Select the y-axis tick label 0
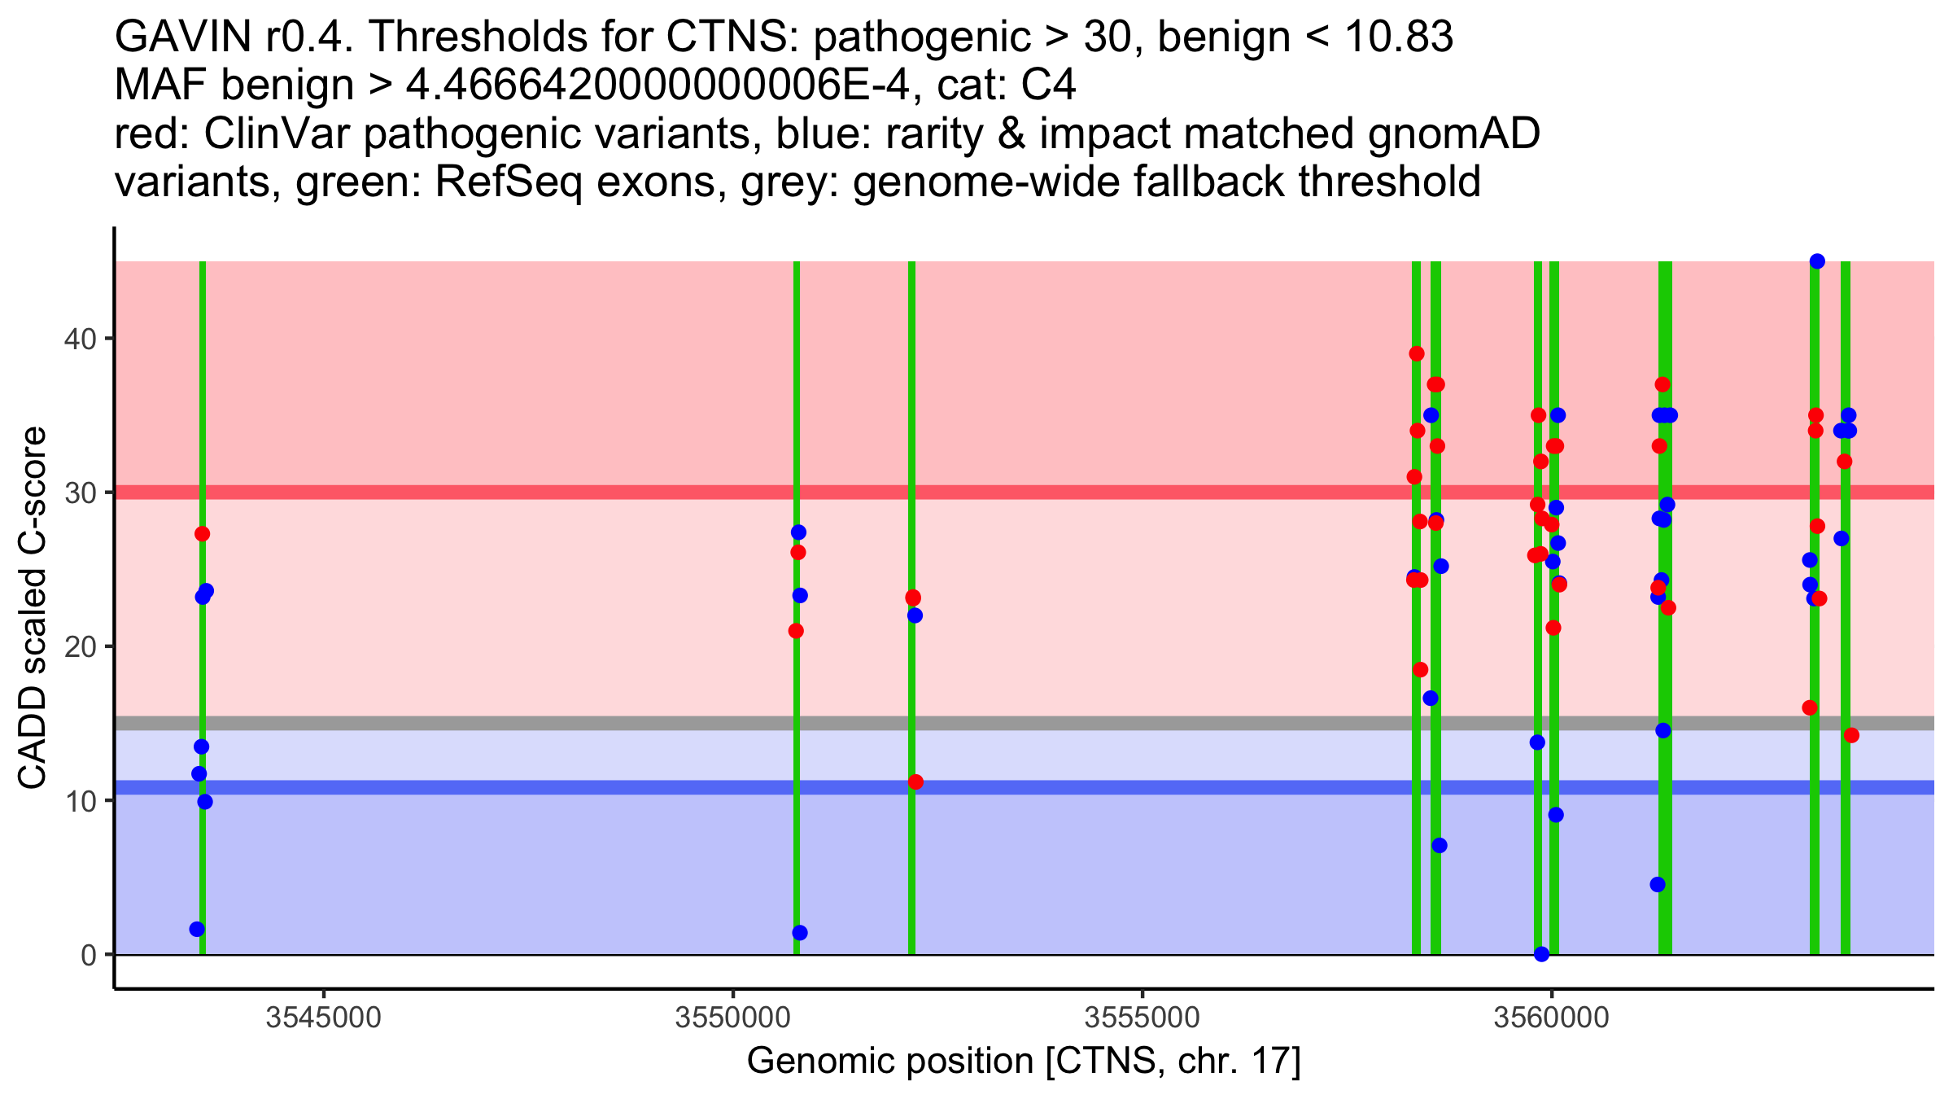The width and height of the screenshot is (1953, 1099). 88,955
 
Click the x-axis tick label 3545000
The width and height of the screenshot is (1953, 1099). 324,1018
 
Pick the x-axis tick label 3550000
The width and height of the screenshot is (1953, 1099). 733,1018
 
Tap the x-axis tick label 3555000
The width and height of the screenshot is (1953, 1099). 1143,1018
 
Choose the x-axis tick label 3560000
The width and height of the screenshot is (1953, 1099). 1551,1018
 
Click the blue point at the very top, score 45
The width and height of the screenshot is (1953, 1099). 1817,261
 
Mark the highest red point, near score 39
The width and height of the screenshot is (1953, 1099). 1417,353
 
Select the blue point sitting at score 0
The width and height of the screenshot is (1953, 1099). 1541,954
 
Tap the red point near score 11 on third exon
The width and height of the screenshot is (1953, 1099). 915,782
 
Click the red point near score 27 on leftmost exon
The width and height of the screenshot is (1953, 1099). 203,534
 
